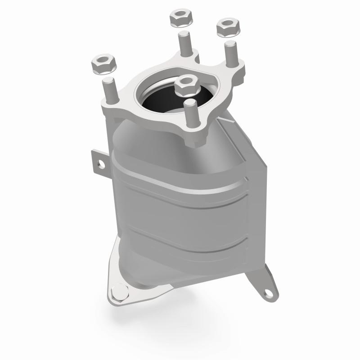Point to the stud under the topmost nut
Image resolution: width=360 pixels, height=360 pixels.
(x=184, y=45)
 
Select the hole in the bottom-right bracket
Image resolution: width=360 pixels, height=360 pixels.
(x=269, y=293)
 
